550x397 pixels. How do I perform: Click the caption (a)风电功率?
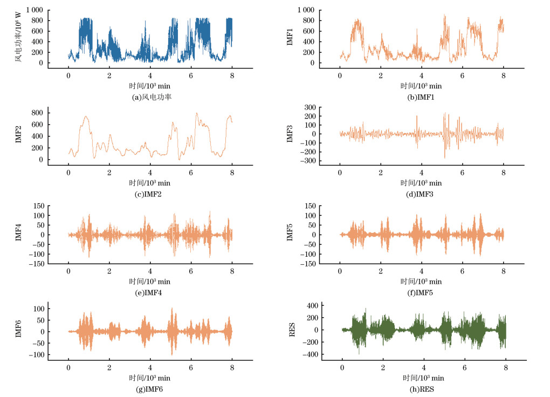149,97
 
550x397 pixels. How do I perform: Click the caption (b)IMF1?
421,97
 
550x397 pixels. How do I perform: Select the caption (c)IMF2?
149,195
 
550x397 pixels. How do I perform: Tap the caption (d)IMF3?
421,195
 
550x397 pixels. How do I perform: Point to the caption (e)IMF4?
149,293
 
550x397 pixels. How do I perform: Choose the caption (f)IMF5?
421,293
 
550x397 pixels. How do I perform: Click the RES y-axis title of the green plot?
292,330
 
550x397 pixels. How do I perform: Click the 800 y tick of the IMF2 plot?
37,113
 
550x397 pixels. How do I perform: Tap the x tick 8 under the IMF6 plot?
232,368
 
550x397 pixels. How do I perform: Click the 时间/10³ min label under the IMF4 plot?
149,282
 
